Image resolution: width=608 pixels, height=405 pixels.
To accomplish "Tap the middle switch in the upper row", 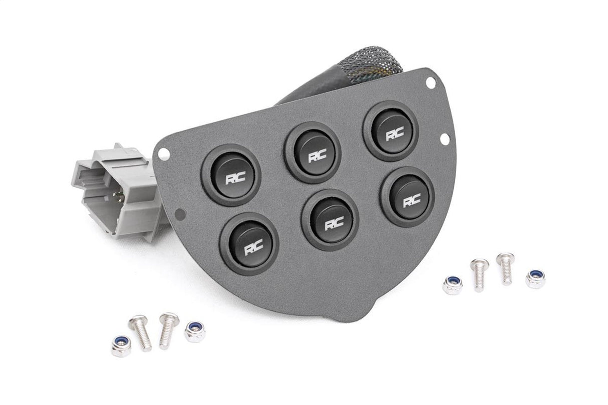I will pos(313,152).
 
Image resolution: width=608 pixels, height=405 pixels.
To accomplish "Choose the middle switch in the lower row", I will pos(330,220).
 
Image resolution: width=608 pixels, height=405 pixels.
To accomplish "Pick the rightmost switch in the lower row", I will pos(407,197).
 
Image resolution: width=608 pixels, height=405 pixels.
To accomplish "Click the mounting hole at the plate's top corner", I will pos(430,82).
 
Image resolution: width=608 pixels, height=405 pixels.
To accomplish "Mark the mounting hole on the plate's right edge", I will pos(444,138).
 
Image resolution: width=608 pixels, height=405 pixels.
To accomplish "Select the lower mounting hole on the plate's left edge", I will pos(180,214).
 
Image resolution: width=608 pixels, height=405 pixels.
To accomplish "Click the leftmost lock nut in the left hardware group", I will pos(121,346).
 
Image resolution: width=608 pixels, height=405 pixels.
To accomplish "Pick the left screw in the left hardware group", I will pos(141,332).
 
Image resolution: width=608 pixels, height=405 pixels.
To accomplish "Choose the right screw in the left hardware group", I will pos(168,329).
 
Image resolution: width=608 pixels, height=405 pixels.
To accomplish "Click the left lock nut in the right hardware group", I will pos(452,284).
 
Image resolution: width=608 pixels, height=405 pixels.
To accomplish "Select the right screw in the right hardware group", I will pos(505,268).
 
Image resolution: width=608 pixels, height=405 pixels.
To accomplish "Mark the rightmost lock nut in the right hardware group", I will pos(535,278).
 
